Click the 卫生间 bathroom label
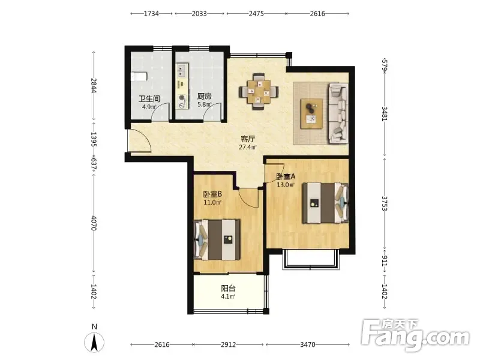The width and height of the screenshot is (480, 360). [149, 98]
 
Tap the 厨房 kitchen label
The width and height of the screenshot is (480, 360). [204, 97]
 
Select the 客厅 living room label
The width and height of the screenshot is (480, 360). [248, 139]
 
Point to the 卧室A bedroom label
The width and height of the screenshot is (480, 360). [286, 176]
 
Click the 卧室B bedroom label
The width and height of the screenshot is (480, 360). [212, 194]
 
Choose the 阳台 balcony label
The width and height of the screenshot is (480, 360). [229, 288]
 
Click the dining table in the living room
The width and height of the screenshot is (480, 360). [259, 92]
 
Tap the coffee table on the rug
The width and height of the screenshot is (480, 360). [311, 114]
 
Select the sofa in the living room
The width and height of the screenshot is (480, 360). [338, 113]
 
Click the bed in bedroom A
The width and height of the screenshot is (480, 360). [325, 203]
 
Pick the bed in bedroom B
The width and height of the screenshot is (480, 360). [217, 239]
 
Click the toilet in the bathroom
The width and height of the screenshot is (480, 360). [139, 76]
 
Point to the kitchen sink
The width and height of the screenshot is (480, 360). [182, 70]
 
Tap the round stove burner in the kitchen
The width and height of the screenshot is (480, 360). [182, 98]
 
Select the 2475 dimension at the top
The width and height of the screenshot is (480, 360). [256, 13]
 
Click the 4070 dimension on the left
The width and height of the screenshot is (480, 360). [94, 223]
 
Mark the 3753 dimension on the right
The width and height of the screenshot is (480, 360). [385, 203]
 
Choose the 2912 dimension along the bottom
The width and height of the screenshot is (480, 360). [229, 344]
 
